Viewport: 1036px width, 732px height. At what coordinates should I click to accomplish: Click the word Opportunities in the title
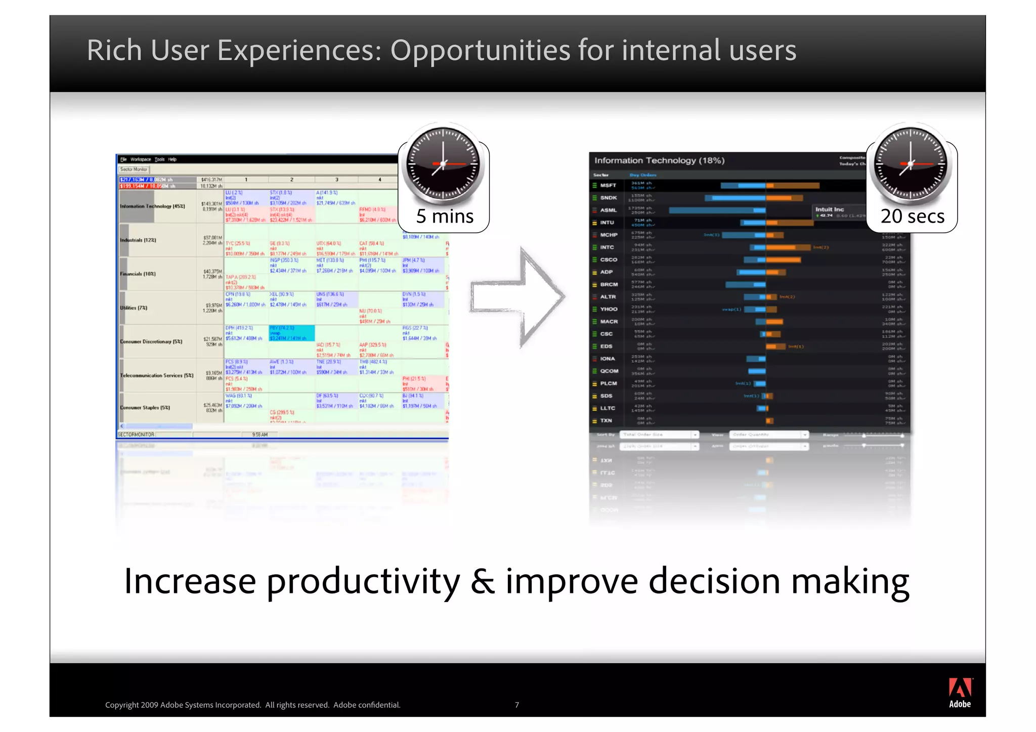pyautogui.click(x=480, y=51)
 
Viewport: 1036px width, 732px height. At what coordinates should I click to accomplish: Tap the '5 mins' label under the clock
pyautogui.click(x=444, y=217)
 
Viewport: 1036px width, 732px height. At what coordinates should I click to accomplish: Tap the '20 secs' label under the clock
pyautogui.click(x=912, y=217)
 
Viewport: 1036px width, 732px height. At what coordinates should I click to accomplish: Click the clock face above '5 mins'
pyautogui.click(x=443, y=163)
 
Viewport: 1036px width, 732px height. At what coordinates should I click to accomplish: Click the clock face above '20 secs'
pyautogui.click(x=911, y=163)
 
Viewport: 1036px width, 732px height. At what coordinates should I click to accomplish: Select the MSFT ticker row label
pyautogui.click(x=608, y=186)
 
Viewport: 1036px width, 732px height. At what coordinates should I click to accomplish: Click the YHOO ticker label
pyautogui.click(x=609, y=309)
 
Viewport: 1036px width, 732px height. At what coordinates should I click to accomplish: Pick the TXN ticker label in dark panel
pyautogui.click(x=606, y=420)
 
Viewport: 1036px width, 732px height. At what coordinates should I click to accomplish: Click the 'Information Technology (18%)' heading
pyautogui.click(x=659, y=160)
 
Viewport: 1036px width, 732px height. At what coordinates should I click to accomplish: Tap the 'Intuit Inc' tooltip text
pyautogui.click(x=830, y=209)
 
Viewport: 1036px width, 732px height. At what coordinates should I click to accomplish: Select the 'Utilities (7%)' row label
pyautogui.click(x=134, y=308)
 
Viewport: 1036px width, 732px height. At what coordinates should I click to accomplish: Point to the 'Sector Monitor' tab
pyautogui.click(x=134, y=169)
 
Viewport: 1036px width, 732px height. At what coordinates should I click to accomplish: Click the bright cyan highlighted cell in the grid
pyautogui.click(x=291, y=333)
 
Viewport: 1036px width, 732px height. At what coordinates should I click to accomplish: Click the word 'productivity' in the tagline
pyautogui.click(x=363, y=581)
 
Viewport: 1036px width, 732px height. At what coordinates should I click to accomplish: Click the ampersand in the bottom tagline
pyautogui.click(x=483, y=581)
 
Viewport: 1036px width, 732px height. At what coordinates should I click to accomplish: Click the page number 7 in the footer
pyautogui.click(x=516, y=705)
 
